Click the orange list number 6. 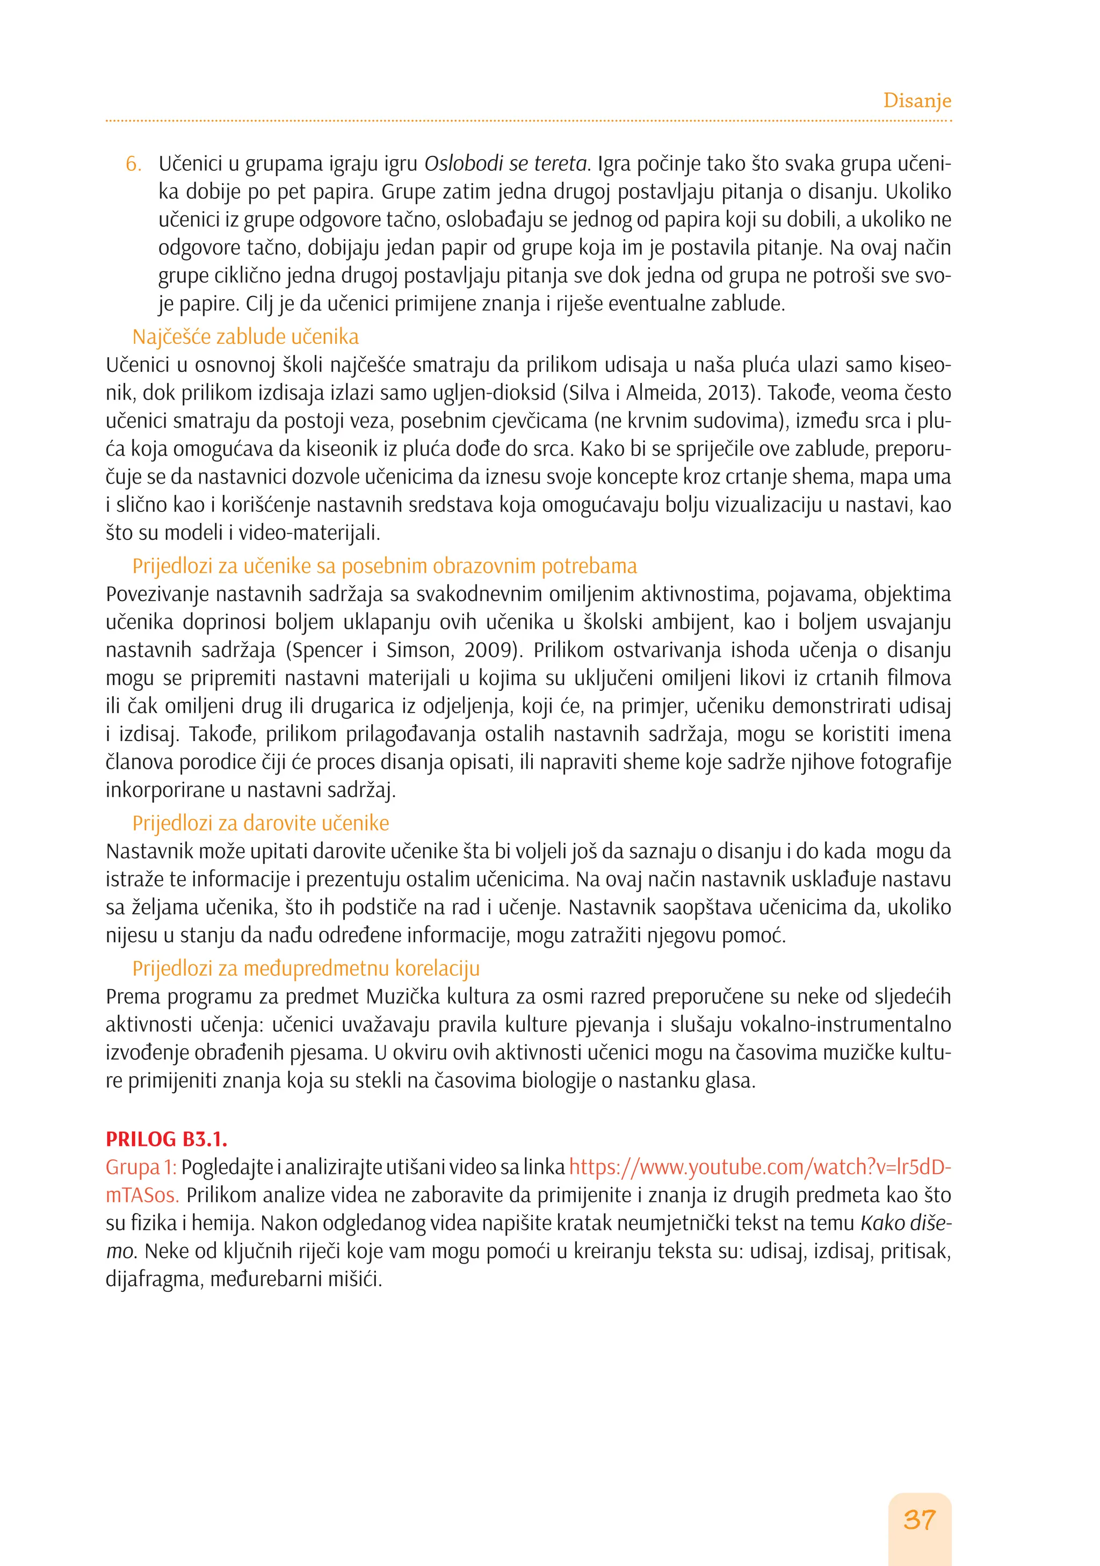(133, 164)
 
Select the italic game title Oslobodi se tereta (505, 164)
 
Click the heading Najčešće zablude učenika (245, 337)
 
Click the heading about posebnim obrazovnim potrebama (385, 566)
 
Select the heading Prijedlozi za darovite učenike (260, 823)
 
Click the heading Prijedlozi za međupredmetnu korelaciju (306, 969)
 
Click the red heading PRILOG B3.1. (167, 1139)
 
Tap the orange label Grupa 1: (141, 1167)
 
